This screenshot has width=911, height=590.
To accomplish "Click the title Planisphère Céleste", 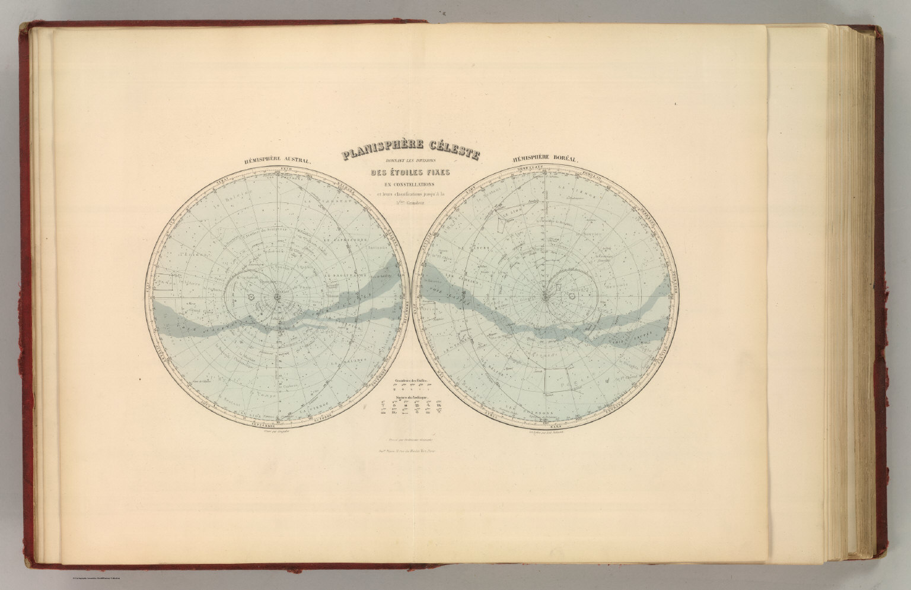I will click(410, 156).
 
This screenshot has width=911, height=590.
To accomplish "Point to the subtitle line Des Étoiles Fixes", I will click(410, 173).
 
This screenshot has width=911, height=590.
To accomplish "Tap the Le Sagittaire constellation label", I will click(345, 276).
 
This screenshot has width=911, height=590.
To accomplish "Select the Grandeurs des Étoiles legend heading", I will click(410, 380).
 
